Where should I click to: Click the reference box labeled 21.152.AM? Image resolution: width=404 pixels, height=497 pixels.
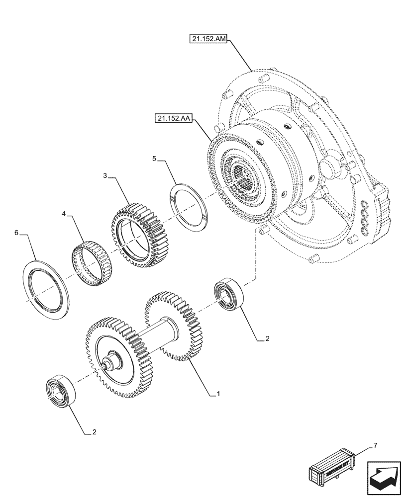(x=207, y=39)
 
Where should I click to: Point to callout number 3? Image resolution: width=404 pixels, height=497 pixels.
(x=105, y=175)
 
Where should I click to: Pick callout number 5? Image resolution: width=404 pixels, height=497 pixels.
(x=154, y=159)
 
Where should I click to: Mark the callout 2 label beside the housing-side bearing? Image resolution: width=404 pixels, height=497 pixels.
(x=267, y=339)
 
